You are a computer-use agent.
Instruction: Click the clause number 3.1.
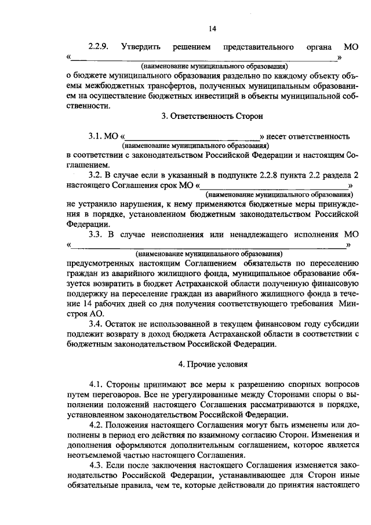tap(95, 137)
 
